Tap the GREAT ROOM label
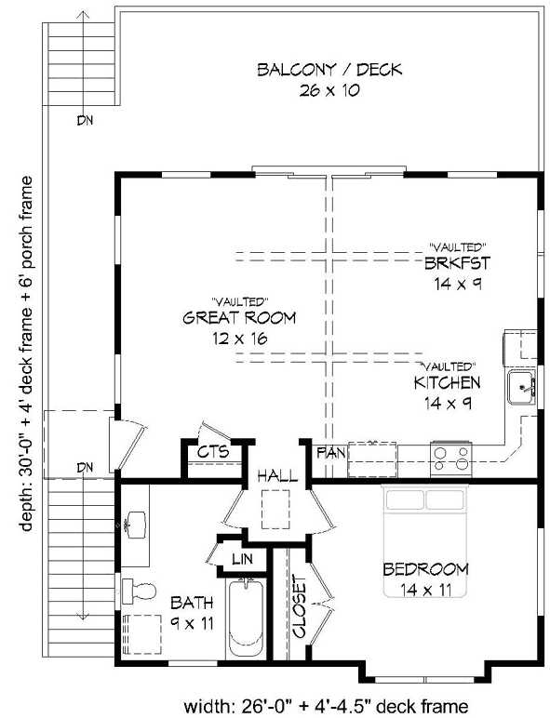pyautogui.click(x=239, y=318)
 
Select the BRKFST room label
pyautogui.click(x=456, y=263)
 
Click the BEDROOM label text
pyautogui.click(x=424, y=568)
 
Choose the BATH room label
pyautogui.click(x=190, y=603)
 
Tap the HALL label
pyautogui.click(x=278, y=475)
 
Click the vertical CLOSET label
pyautogui.click(x=299, y=607)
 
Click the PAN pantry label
pyautogui.click(x=330, y=453)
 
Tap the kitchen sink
pyautogui.click(x=521, y=388)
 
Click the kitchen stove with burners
pyautogui.click(x=452, y=455)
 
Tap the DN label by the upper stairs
pyautogui.click(x=86, y=120)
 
